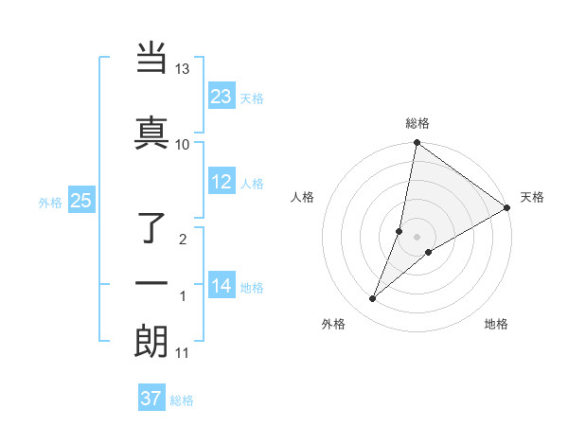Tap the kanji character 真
point(151,132)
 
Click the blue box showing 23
point(221,97)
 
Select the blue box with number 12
point(221,182)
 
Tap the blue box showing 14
point(221,286)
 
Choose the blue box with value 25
point(80,201)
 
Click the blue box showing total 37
point(151,399)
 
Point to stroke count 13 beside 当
point(183,69)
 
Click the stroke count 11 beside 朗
point(183,353)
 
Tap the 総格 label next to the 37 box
point(182,400)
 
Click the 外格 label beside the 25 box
point(50,202)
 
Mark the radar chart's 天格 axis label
point(532,197)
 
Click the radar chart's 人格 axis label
point(303,197)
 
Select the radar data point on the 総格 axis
point(417,144)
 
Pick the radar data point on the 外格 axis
point(373,299)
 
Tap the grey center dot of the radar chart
point(417,237)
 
